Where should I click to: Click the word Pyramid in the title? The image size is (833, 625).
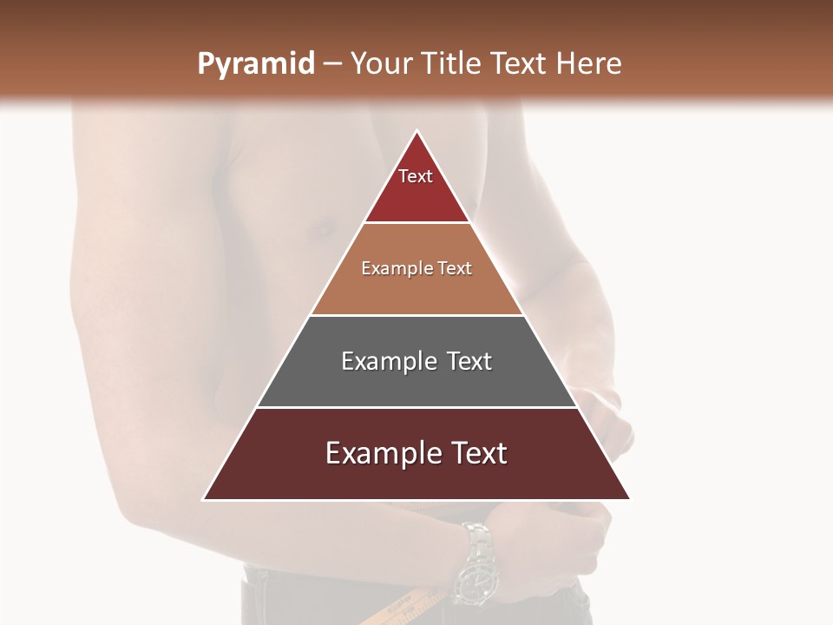pyautogui.click(x=255, y=64)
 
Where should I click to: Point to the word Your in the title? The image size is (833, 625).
pyautogui.click(x=379, y=63)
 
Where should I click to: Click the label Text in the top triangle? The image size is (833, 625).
pyautogui.click(x=416, y=176)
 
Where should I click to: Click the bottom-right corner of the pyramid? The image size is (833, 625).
pyautogui.click(x=629, y=499)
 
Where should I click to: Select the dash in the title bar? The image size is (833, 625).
pyautogui.click(x=332, y=63)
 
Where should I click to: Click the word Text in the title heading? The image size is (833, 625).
pyautogui.click(x=521, y=63)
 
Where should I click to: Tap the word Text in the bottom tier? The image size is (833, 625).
pyautogui.click(x=476, y=453)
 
